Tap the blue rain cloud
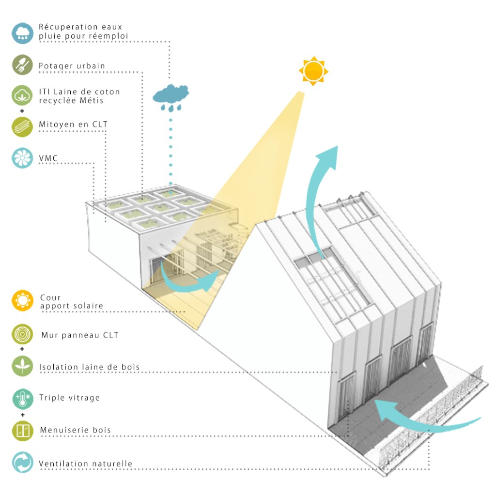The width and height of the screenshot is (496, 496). click(x=170, y=93)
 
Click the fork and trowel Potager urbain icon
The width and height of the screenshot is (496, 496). click(x=22, y=65)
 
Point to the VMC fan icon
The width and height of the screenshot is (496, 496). click(x=22, y=158)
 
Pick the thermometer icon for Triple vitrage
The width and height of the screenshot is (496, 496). click(x=22, y=398)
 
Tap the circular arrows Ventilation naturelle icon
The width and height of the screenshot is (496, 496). click(x=22, y=463)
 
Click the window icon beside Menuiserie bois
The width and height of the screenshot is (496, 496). click(x=22, y=430)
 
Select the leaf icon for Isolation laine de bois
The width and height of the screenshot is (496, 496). click(x=22, y=366)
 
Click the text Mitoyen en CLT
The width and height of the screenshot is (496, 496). click(x=73, y=124)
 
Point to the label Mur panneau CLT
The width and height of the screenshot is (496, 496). click(x=79, y=335)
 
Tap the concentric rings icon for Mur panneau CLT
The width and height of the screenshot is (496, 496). click(x=22, y=335)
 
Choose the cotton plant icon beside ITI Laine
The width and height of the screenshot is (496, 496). click(x=22, y=95)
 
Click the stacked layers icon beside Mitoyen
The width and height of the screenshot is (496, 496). click(x=22, y=126)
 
